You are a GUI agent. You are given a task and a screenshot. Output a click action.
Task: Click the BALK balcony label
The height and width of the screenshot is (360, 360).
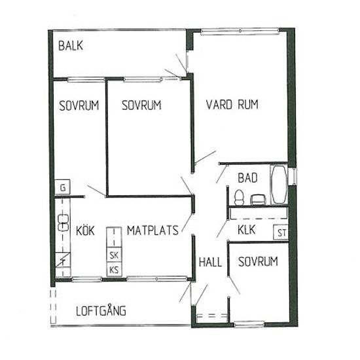[71, 45]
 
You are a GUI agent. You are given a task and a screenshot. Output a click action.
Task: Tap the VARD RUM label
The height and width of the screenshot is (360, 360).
[232, 105]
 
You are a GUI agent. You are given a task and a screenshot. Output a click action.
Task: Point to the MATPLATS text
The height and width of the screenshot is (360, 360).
[153, 230]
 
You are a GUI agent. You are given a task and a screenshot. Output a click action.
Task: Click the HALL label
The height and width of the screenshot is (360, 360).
[210, 262]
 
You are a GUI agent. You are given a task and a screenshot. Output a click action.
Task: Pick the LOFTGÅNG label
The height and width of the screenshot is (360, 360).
[101, 310]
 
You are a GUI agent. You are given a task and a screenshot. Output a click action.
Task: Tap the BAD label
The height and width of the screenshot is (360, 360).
[247, 178]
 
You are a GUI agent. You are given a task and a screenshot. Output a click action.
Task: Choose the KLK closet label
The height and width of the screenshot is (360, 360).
[247, 230]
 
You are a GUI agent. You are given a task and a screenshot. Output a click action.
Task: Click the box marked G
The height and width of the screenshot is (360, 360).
[62, 187]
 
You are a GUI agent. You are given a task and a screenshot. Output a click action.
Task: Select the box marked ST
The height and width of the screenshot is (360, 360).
[281, 232]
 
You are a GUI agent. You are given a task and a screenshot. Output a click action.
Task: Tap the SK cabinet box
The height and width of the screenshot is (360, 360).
[114, 255]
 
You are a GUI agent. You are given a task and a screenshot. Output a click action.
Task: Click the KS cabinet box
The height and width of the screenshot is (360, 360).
[114, 269]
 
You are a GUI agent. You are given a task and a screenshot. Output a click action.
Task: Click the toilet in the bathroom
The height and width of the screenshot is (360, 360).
[240, 197]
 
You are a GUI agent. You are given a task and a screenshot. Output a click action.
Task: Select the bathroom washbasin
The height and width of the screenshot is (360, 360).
[259, 200]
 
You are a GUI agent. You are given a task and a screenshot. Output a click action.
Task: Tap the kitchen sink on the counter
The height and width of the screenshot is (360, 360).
[63, 223]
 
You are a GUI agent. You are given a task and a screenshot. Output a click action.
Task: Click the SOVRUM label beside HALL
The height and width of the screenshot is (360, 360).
[258, 262]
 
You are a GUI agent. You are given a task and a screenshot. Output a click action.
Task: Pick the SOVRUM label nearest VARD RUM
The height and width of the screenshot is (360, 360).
[141, 105]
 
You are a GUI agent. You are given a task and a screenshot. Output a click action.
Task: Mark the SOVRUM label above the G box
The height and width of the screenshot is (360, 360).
[79, 106]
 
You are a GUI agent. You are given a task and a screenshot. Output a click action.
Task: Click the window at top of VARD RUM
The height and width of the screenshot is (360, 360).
[240, 31]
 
